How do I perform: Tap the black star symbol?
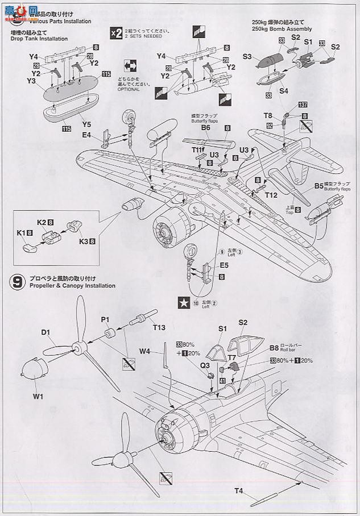(185, 303)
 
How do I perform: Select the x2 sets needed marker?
(115, 33)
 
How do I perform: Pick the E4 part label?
(87, 135)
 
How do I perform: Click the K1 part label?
(22, 232)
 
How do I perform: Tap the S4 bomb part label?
(284, 90)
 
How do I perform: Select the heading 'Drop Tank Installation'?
(39, 39)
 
